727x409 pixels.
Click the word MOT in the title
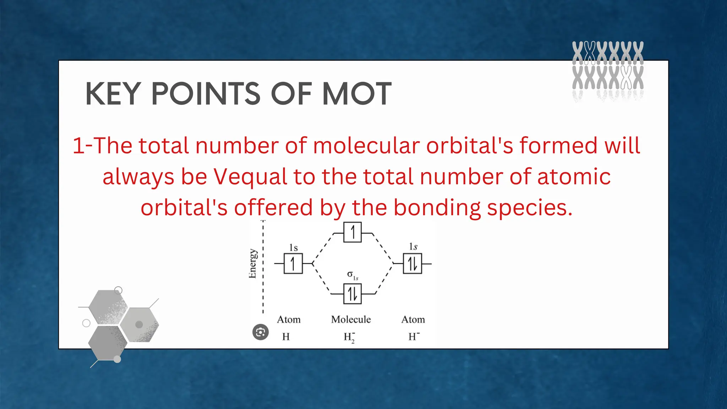tap(356, 94)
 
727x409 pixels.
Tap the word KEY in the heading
tap(113, 94)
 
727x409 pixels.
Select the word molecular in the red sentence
tap(366, 146)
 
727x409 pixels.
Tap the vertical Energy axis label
tap(252, 263)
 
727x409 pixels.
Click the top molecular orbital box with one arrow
tap(352, 233)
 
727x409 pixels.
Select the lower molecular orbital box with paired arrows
tap(352, 294)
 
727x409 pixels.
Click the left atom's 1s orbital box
tap(293, 264)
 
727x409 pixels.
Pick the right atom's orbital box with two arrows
tap(412, 264)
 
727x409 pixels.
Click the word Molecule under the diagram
tap(351, 320)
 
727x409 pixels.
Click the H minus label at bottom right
tap(414, 337)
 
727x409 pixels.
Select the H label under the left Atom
tap(286, 337)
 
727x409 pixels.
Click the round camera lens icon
tap(261, 332)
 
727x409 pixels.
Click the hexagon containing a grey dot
tap(139, 325)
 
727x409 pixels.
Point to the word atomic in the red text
tap(574, 177)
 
